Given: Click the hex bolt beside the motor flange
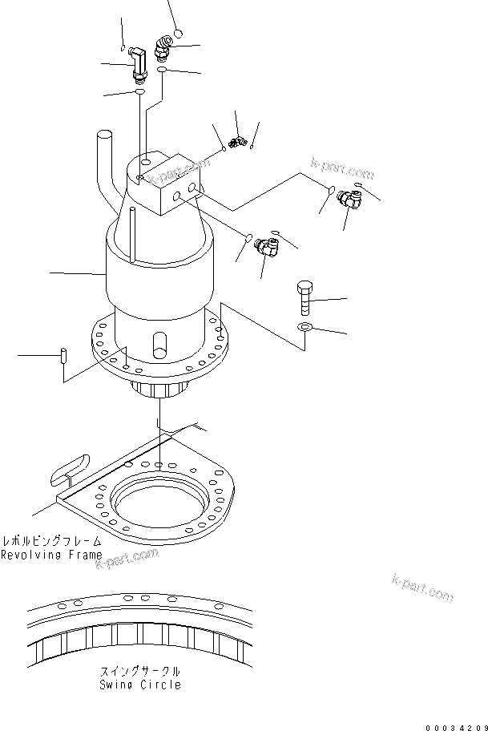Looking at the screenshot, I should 304,299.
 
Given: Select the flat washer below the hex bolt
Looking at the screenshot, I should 303,327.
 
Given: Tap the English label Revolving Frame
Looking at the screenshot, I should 51,555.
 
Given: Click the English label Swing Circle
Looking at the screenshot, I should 140,685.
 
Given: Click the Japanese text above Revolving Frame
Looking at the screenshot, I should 51,541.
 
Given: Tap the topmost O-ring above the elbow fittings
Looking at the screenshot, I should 178,33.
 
